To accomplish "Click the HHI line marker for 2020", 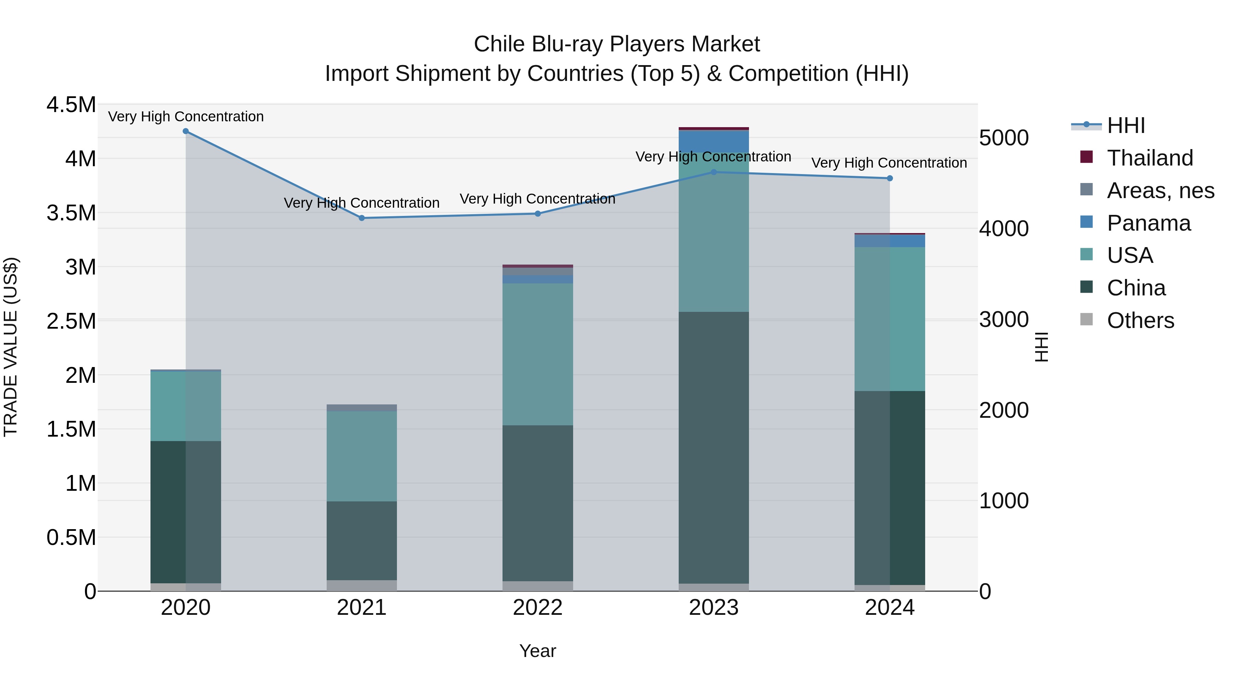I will click(x=186, y=131).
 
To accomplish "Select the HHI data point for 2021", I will click(x=362, y=218).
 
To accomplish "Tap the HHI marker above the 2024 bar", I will click(x=890, y=178).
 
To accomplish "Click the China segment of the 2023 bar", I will click(x=713, y=448).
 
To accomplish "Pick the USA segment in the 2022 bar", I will click(x=537, y=354).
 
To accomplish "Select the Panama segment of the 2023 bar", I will click(x=713, y=141).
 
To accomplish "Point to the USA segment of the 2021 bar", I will click(x=362, y=456).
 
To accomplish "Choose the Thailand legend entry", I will click(x=1150, y=158).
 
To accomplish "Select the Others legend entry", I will click(x=1140, y=320).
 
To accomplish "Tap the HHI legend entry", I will click(x=1126, y=125).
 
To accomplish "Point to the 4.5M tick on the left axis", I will click(x=71, y=105).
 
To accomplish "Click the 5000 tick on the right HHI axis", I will click(x=1004, y=138).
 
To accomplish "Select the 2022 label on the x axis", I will click(x=537, y=608).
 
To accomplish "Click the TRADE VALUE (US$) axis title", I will click(x=11, y=347).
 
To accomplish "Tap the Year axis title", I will click(x=537, y=651).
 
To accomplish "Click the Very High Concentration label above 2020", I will click(x=186, y=117).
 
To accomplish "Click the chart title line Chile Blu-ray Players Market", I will click(x=617, y=44).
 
